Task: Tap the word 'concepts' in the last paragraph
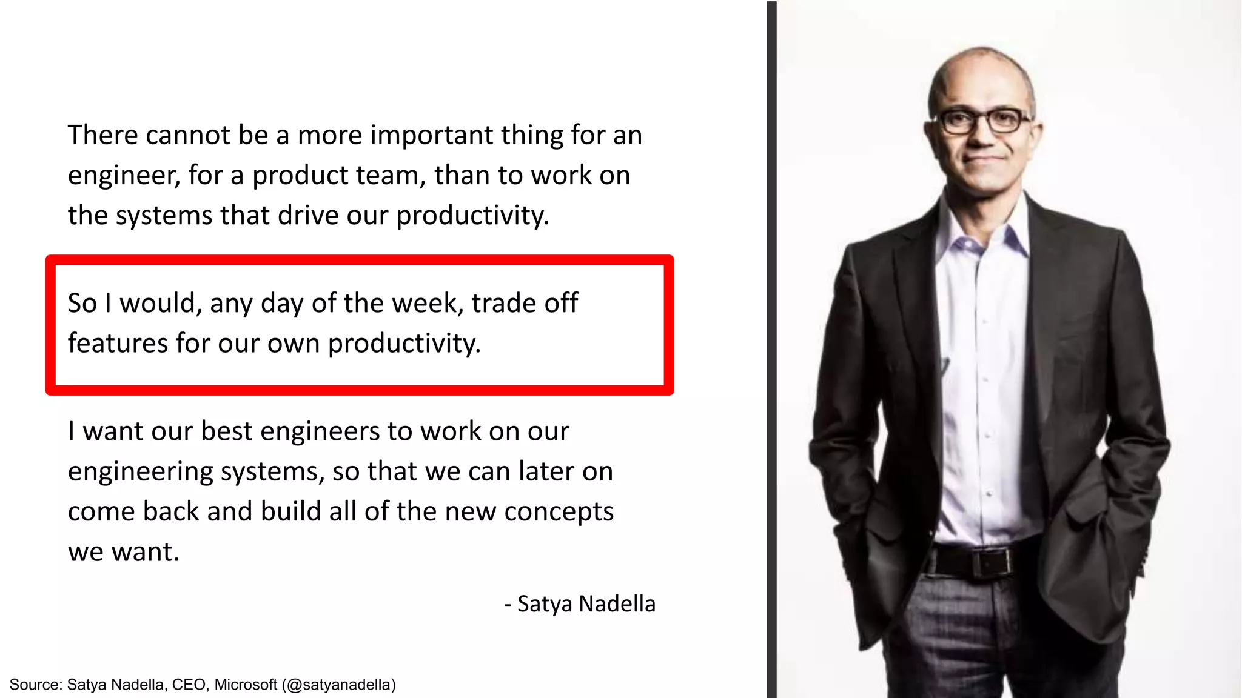pos(559,512)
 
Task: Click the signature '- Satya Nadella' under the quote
pos(580,604)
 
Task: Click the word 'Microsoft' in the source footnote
pos(246,685)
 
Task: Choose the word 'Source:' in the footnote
pos(36,685)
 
